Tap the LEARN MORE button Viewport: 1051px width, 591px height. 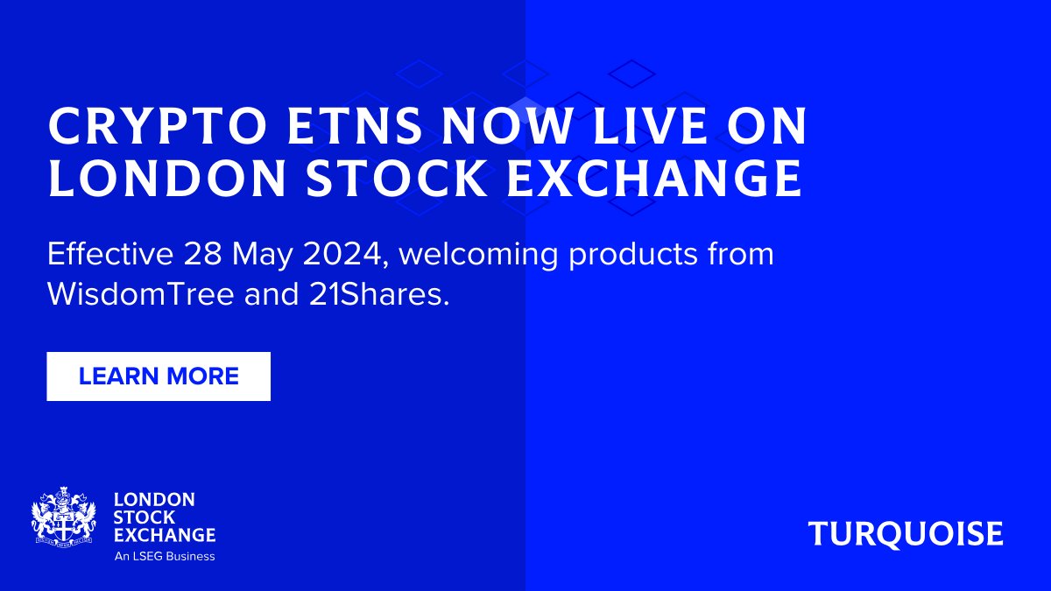click(x=159, y=376)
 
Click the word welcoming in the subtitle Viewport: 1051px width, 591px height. click(x=478, y=255)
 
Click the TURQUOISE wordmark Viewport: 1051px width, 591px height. click(x=906, y=533)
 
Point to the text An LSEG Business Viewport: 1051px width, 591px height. click(x=165, y=556)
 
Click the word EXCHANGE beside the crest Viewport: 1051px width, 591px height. click(x=165, y=534)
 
